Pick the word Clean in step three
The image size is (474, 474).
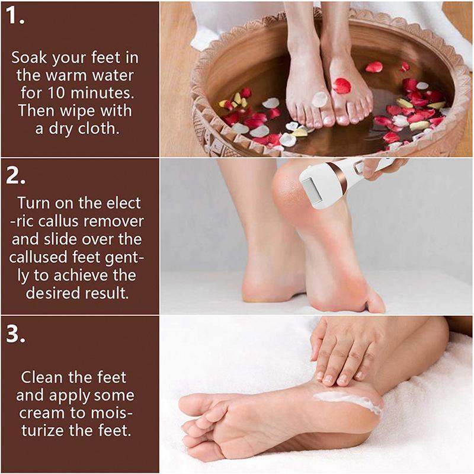(42, 377)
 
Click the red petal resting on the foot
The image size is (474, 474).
(341, 86)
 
